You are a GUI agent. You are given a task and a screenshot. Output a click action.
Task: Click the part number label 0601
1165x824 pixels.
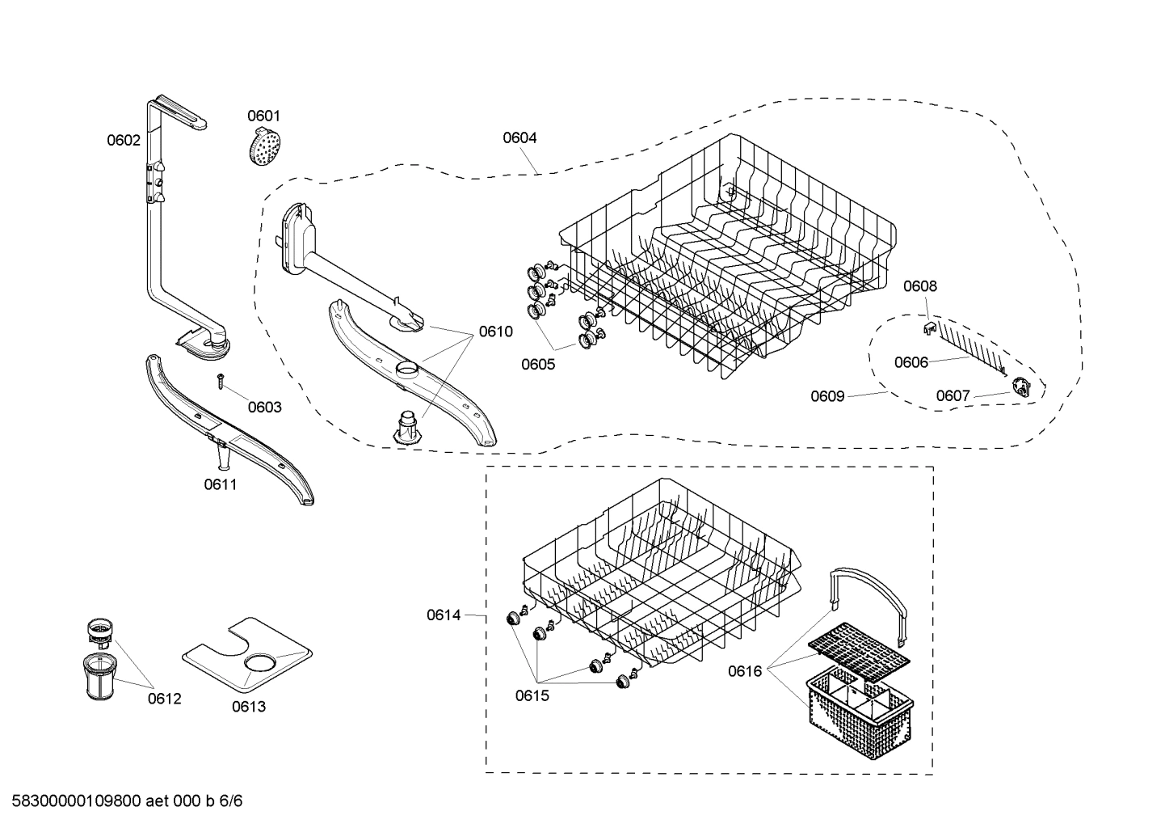click(263, 116)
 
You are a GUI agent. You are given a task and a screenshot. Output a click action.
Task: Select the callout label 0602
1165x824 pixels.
click(124, 141)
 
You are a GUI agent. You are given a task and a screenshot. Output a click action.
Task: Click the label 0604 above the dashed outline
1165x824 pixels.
click(519, 138)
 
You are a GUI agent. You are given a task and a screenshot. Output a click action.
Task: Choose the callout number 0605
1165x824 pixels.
click(538, 365)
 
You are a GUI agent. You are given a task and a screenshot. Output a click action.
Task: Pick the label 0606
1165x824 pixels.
click(911, 363)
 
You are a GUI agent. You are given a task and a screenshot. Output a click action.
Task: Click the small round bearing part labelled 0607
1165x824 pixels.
click(1025, 388)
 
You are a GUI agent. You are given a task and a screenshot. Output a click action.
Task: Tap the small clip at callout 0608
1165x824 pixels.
click(929, 326)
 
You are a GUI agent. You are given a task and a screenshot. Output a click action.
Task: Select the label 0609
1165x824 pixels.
click(827, 396)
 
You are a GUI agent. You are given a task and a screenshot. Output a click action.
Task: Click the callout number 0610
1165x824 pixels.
click(495, 332)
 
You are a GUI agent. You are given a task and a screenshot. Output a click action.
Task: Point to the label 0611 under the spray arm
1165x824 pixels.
click(220, 485)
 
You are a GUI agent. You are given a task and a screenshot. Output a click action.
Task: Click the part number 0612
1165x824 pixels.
click(164, 699)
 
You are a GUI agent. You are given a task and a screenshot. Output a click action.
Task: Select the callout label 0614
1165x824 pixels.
click(444, 615)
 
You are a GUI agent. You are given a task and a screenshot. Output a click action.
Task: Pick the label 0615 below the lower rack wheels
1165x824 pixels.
click(532, 695)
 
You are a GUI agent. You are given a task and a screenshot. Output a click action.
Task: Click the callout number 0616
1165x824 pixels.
click(745, 671)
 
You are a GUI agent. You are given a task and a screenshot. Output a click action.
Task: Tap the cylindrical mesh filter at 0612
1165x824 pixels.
click(99, 677)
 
